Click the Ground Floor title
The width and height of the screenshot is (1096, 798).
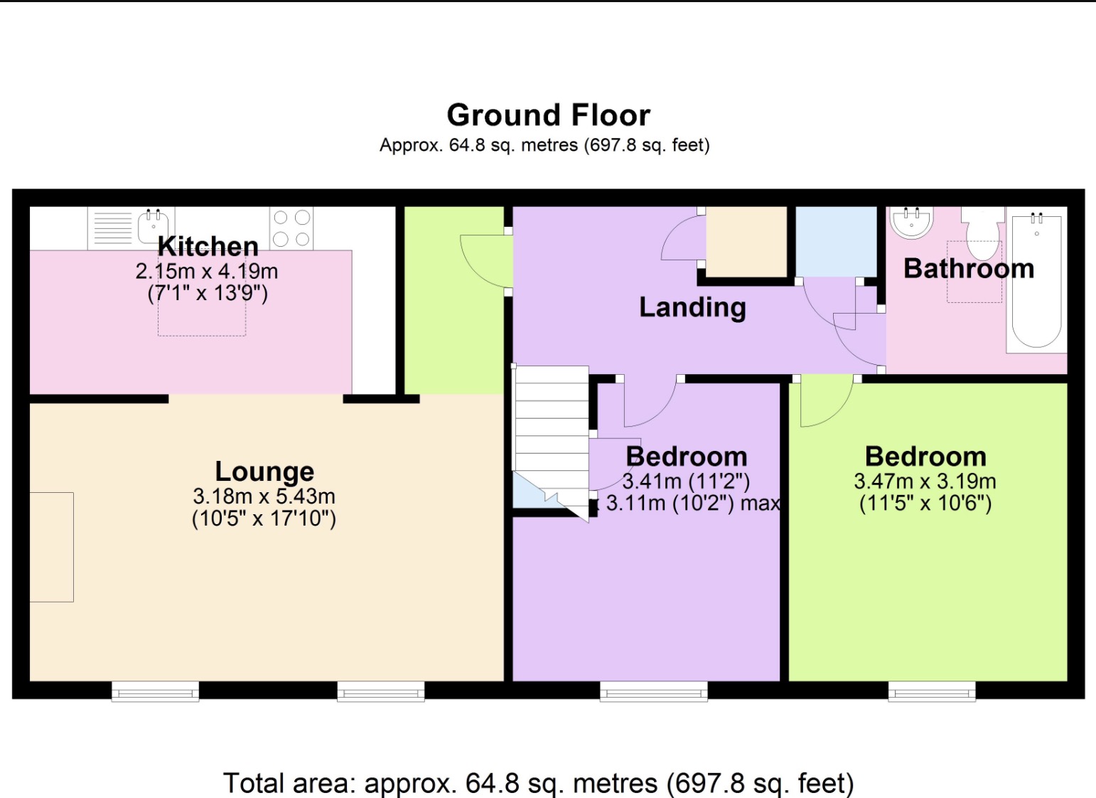[x=548, y=115]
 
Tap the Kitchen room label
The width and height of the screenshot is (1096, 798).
[x=208, y=247]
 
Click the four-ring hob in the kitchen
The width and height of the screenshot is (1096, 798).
[x=291, y=228]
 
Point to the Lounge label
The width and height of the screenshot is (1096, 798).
[x=264, y=472]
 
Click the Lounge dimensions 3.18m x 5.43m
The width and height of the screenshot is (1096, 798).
[x=264, y=496]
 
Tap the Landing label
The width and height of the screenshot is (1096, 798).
[x=692, y=307]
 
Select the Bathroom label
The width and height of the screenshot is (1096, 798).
[x=968, y=269]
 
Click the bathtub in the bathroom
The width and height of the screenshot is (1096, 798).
[x=1036, y=281]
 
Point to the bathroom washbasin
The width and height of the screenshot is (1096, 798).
[x=910, y=222]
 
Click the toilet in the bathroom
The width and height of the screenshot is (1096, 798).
[x=982, y=233]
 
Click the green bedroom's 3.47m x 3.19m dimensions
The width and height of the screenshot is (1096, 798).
[x=925, y=482]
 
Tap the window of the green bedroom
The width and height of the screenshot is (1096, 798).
[x=931, y=691]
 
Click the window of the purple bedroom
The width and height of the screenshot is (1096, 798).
[x=653, y=691]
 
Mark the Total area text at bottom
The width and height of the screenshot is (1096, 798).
[x=538, y=783]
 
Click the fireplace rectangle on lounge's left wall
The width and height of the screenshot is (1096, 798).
[x=51, y=547]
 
